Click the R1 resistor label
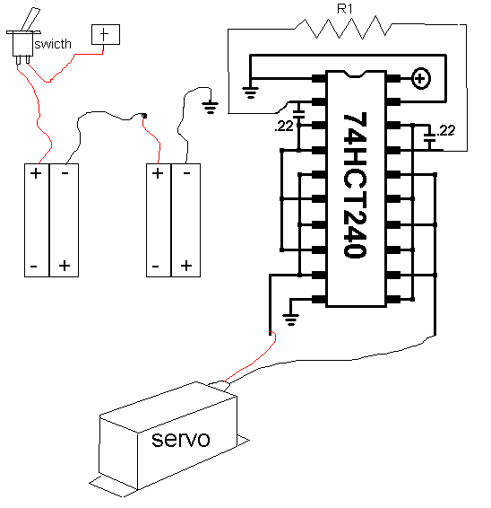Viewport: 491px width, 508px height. coord(344,9)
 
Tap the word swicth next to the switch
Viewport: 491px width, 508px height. coord(53,44)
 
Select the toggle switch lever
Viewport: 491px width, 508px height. coord(30,20)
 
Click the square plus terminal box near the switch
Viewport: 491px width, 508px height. coord(106,34)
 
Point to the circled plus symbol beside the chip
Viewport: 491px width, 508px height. coord(420,78)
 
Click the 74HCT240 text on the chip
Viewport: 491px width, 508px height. coord(355,185)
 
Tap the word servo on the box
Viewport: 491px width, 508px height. coord(181,440)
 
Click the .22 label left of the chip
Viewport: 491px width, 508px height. coord(283,127)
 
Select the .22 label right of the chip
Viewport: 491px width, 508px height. coord(445,130)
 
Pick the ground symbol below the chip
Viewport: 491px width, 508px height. coord(290,320)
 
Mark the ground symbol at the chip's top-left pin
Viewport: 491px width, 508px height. coord(250,92)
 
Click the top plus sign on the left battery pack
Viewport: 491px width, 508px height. coord(36,173)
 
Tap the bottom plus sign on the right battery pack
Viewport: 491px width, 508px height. coord(186,266)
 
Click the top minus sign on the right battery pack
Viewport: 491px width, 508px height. coord(186,173)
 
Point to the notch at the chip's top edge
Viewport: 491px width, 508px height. coord(355,74)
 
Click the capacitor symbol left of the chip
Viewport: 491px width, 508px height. coord(298,114)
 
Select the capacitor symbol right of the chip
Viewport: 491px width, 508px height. coord(429,137)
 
